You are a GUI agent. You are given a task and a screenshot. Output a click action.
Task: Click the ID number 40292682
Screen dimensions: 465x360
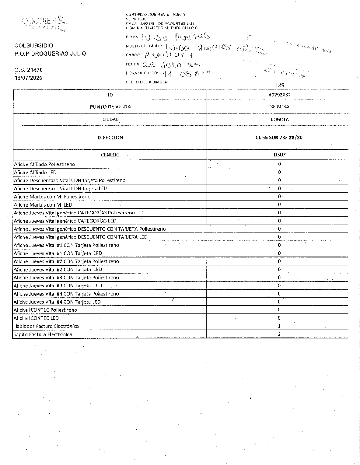point(280,95)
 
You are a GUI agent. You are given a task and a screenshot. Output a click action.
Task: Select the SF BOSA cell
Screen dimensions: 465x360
point(280,107)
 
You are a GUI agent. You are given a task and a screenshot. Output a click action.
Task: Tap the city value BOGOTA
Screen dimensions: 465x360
point(280,120)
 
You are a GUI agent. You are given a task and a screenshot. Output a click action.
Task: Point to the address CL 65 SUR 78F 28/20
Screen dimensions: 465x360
point(279,138)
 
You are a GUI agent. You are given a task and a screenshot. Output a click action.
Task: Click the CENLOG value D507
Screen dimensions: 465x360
point(279,155)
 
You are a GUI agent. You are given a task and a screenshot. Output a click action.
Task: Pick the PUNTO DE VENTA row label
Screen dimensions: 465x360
point(110,107)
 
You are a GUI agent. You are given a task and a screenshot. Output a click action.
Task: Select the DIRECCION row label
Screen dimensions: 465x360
point(110,138)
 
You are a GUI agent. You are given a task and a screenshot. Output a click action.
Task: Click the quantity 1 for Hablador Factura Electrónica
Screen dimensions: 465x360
point(279,326)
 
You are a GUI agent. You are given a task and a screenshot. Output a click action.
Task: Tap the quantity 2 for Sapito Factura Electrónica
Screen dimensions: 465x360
point(279,334)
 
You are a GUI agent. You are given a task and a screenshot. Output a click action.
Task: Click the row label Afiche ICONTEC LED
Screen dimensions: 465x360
point(36,318)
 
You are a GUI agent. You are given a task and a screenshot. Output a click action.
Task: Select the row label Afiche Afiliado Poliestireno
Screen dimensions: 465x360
point(44,164)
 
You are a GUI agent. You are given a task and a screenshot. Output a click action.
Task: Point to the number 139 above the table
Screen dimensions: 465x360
point(280,86)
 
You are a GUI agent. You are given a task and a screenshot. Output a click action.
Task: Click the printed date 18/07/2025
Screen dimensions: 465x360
point(29,78)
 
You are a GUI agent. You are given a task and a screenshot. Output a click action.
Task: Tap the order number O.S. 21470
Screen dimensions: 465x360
point(29,70)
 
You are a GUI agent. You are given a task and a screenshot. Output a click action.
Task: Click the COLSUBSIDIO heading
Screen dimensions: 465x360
point(34,46)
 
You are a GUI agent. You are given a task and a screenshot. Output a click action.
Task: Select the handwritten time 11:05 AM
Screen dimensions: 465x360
point(186,73)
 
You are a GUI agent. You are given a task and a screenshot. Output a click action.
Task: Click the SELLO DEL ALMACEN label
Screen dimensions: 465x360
point(147,82)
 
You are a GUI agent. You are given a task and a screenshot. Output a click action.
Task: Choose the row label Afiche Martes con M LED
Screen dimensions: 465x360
point(43,205)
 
